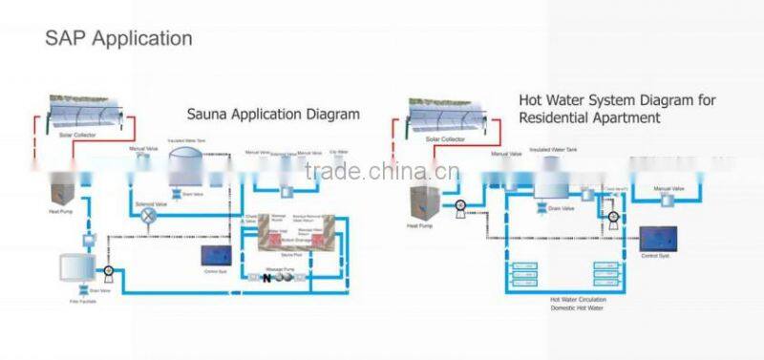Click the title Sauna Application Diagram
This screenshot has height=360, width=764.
point(272,114)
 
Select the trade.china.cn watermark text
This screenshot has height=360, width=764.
point(381,172)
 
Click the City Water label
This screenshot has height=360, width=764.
point(339,152)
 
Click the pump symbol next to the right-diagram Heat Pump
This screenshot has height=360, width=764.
point(460,205)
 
